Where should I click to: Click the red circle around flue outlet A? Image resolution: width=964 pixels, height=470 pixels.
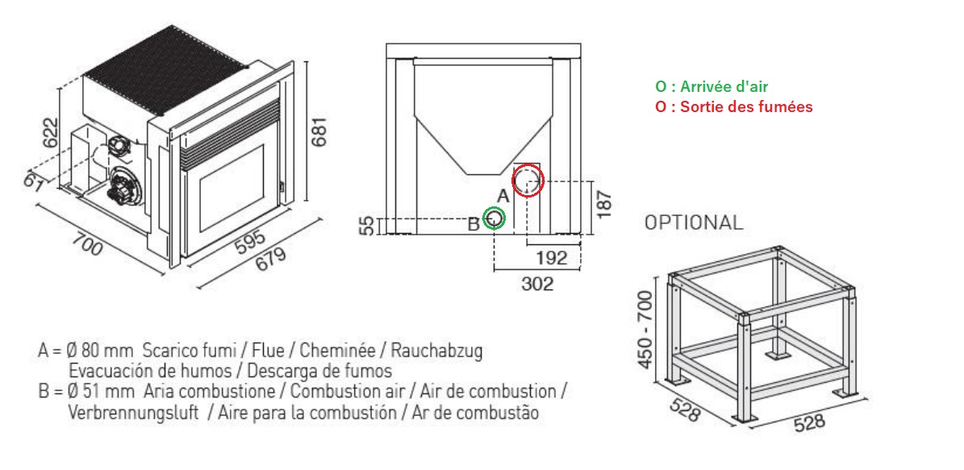tap(513, 181)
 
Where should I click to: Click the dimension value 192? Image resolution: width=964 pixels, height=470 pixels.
tap(551, 257)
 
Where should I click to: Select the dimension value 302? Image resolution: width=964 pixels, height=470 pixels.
tap(536, 283)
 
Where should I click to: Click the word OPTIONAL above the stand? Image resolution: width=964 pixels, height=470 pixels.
tap(694, 223)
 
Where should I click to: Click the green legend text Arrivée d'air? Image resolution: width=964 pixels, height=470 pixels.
tap(724, 86)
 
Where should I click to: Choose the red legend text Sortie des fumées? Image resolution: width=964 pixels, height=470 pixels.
tap(745, 107)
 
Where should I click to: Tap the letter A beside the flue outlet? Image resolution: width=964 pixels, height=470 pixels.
tap(503, 196)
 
